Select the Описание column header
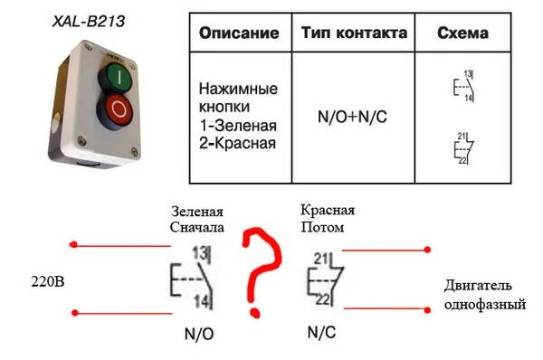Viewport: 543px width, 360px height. click(x=239, y=33)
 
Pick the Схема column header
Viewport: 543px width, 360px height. click(x=462, y=33)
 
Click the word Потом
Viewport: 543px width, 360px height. click(x=322, y=227)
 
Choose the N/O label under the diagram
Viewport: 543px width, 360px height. click(x=200, y=334)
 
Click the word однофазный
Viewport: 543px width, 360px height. click(x=484, y=305)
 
